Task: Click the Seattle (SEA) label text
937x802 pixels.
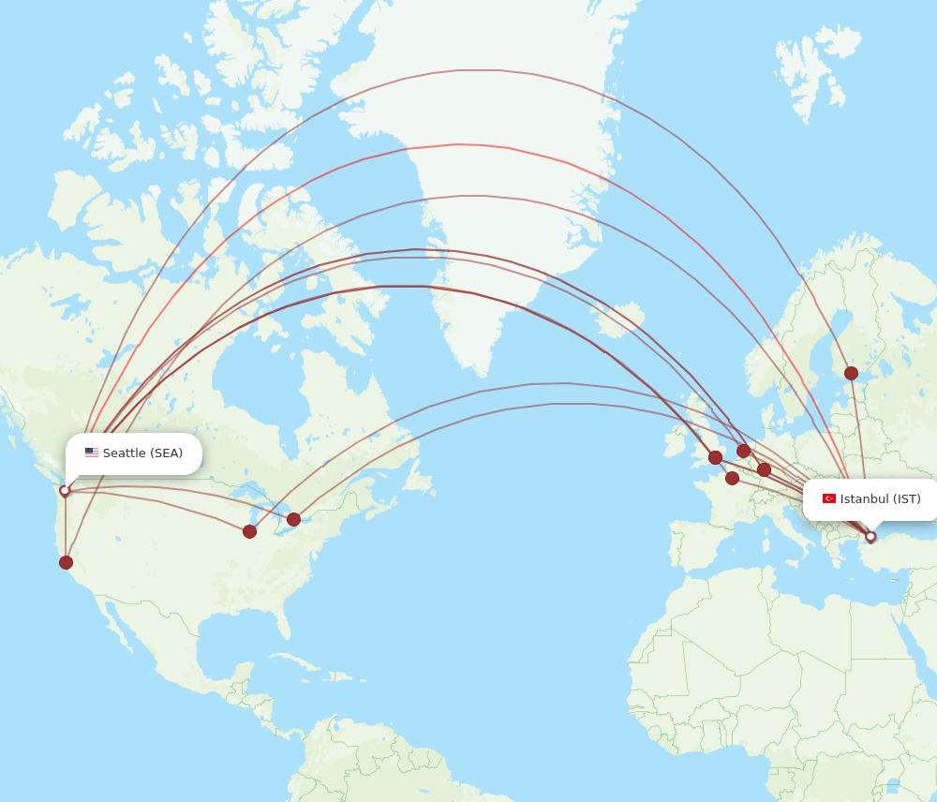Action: tap(142, 453)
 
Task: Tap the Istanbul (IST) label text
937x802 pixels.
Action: tap(880, 498)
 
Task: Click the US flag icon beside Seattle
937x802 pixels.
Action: tap(92, 453)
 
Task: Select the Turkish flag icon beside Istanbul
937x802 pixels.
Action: tap(829, 498)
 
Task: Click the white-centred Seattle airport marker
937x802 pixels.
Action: tap(65, 490)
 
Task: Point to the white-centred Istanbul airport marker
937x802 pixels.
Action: tap(870, 537)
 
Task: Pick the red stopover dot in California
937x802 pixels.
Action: tap(66, 562)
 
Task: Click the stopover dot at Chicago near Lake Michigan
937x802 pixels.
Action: tap(249, 531)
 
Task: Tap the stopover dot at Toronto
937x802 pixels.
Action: tap(293, 519)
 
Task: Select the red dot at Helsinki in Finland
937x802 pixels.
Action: tap(851, 373)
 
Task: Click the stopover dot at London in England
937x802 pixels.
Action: tap(715, 457)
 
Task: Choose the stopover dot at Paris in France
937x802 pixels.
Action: tap(732, 478)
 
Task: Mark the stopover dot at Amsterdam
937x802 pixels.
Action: tap(743, 451)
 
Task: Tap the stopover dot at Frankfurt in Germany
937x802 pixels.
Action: tap(764, 469)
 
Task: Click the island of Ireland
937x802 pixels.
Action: tap(676, 439)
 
